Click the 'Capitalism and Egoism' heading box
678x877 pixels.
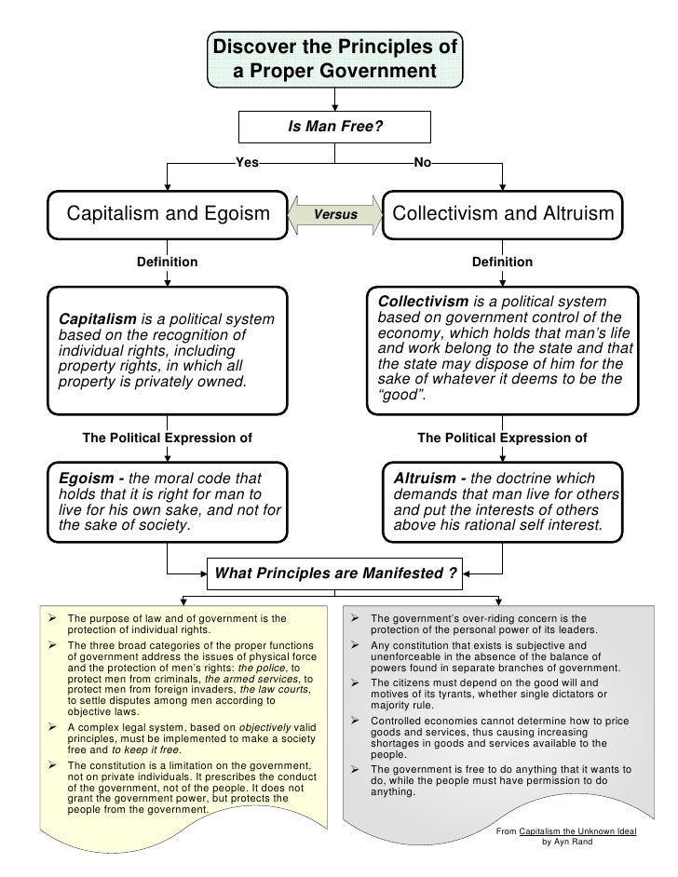click(168, 213)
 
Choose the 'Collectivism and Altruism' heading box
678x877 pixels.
click(504, 213)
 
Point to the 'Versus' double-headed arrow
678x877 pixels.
click(335, 213)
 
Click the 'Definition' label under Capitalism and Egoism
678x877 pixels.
click(168, 262)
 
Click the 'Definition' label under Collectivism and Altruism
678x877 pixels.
click(502, 262)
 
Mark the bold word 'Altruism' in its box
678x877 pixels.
click(425, 478)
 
